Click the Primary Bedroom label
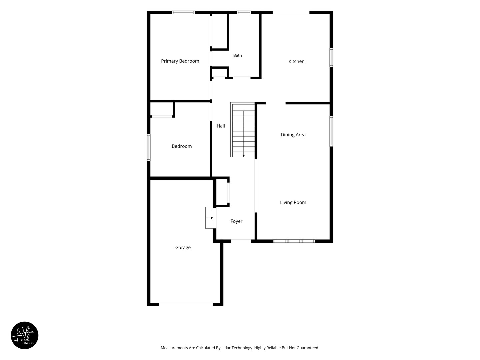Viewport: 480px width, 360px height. (180, 61)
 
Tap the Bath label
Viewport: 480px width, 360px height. (237, 56)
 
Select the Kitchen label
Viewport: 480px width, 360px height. (296, 61)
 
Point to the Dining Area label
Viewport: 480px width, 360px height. (293, 135)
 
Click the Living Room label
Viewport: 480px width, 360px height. (293, 203)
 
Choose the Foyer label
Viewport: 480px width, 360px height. (236, 221)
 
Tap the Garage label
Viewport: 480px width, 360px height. (183, 248)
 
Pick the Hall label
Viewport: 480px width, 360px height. (221, 126)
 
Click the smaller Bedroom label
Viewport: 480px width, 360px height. (182, 146)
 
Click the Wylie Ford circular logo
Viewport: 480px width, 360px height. (24, 335)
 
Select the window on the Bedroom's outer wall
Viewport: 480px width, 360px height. (149, 148)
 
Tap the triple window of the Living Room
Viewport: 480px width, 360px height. (294, 241)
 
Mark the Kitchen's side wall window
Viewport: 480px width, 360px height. (331, 57)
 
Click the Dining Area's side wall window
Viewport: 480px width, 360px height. (331, 131)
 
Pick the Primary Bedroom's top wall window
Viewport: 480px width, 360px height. (183, 12)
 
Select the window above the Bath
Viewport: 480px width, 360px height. (244, 12)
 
